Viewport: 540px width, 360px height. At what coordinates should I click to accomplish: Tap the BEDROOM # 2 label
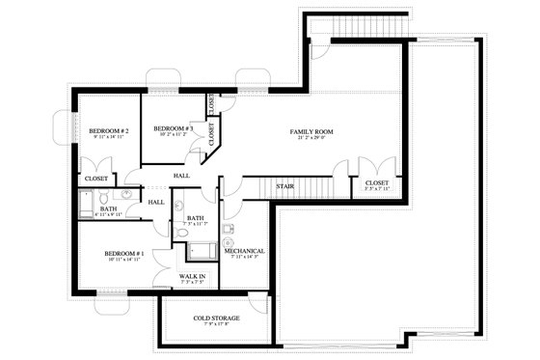point(109,130)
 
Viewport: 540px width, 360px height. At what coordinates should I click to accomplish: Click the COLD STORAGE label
point(216,318)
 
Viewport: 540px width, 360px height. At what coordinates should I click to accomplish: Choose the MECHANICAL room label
point(244,251)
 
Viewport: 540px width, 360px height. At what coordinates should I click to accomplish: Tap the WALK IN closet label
point(193,276)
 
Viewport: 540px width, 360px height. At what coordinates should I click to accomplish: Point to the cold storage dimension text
point(216,325)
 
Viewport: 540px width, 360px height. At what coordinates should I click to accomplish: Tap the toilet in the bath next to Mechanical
point(181,233)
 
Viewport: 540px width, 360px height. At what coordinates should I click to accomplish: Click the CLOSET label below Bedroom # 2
point(96,180)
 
